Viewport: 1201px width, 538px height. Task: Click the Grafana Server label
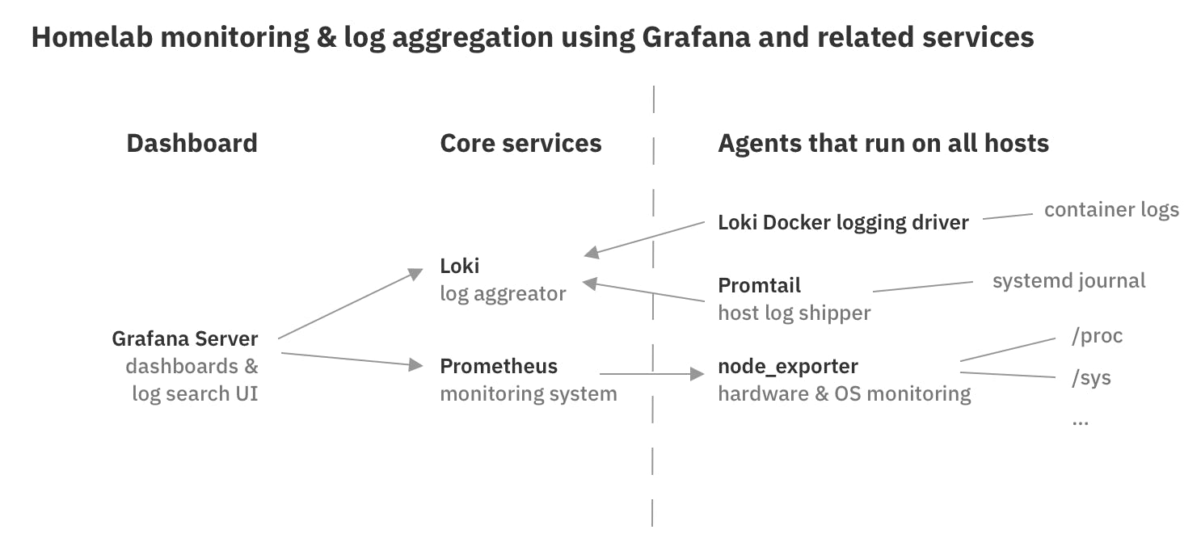(x=185, y=338)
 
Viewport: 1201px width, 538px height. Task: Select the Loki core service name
(x=459, y=266)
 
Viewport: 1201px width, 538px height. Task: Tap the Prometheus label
(x=498, y=366)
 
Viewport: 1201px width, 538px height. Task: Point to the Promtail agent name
(x=759, y=285)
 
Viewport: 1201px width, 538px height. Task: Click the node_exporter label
(x=787, y=366)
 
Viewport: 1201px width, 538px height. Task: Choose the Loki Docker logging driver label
(x=842, y=222)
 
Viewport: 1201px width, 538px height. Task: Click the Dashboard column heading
(x=192, y=144)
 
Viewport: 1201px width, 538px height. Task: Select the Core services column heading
(x=520, y=144)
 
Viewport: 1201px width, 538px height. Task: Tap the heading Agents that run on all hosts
(x=883, y=144)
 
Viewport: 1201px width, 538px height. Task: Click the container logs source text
(x=1110, y=210)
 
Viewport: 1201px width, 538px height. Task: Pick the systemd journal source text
(x=1068, y=281)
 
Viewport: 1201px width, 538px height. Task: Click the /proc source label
(x=1096, y=336)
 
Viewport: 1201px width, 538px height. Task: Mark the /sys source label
(x=1090, y=377)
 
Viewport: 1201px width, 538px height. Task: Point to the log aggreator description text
(x=503, y=293)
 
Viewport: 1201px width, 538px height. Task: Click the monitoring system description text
(x=528, y=393)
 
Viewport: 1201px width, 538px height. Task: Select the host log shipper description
(x=794, y=313)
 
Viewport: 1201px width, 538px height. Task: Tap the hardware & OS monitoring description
(x=844, y=393)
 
